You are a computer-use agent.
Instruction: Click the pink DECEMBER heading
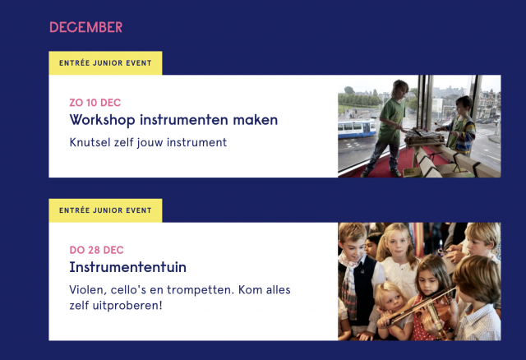[x=85, y=27]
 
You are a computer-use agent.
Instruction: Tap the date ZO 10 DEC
[x=95, y=103]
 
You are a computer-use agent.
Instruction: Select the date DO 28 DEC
[x=96, y=250]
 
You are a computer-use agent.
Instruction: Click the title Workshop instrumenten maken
[x=173, y=120]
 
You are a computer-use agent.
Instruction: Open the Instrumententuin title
[x=127, y=267]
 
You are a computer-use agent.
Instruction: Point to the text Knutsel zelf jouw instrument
[x=148, y=142]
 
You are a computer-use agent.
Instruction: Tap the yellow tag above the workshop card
[x=105, y=63]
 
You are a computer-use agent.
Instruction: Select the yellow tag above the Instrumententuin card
[x=105, y=210]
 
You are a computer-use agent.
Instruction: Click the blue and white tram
[x=357, y=129]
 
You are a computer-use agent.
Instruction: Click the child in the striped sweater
[x=461, y=126]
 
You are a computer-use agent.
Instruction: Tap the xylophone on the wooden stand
[x=424, y=137]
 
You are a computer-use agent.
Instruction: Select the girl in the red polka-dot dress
[x=431, y=298]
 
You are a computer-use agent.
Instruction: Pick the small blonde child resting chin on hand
[x=393, y=307]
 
